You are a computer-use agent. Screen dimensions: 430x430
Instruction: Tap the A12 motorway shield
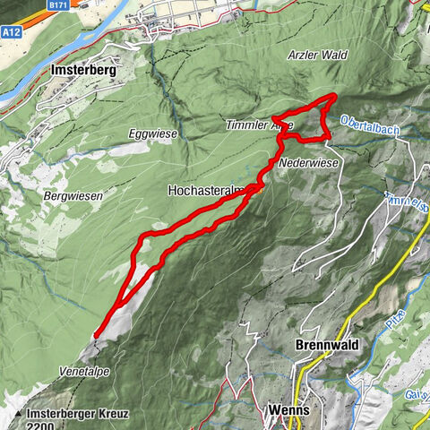[12, 31]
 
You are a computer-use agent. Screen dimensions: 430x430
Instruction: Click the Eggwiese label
[153, 133]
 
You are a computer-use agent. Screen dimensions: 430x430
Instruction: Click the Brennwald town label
[325, 346]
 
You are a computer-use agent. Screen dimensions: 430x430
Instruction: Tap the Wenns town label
[289, 410]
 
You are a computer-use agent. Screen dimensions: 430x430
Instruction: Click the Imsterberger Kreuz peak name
[78, 414]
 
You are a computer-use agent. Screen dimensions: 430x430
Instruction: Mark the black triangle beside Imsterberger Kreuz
[18, 415]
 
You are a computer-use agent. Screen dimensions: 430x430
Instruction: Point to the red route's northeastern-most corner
[333, 96]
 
